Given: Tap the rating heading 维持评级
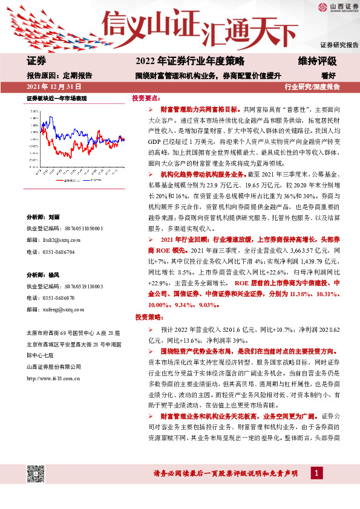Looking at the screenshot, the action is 317,61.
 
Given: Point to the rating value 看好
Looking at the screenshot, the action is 329,76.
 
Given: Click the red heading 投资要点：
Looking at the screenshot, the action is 147,98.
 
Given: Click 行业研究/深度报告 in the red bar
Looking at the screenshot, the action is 312,87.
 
